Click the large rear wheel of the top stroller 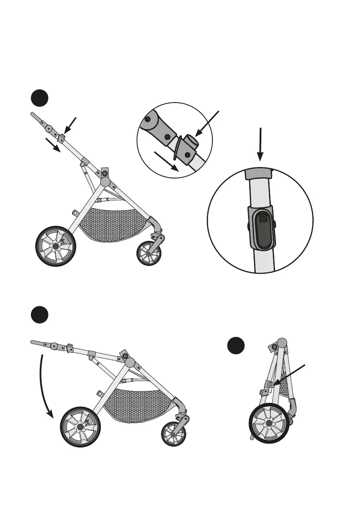(55, 246)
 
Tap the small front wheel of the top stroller (148, 254)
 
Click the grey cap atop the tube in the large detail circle (259, 173)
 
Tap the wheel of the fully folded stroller (269, 423)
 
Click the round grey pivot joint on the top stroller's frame (106, 181)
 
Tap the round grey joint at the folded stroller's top (282, 343)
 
